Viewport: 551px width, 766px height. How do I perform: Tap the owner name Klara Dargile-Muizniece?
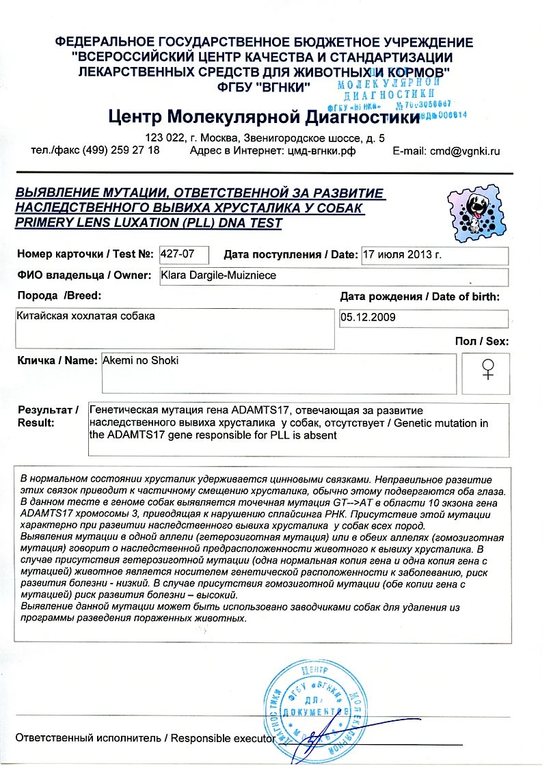coord(215,275)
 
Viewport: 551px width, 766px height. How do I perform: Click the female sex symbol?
coord(487,370)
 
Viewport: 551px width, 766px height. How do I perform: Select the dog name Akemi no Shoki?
coord(140,360)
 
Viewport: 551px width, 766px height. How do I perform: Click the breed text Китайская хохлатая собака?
coord(85,316)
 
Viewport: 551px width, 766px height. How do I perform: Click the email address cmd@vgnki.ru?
coord(446,151)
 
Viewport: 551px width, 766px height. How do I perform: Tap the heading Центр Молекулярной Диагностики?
coord(263,118)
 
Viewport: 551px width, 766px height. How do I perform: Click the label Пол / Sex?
coord(481,341)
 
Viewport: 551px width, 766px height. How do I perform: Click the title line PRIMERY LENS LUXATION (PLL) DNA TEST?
coord(148,223)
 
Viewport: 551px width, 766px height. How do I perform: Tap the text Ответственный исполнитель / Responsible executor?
coord(144,738)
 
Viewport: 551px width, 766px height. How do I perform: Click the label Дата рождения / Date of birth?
coord(420,297)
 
